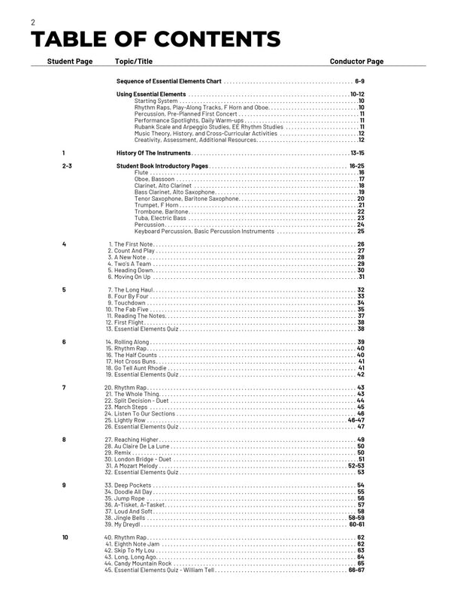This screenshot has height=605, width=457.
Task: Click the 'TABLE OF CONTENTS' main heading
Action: pos(156,39)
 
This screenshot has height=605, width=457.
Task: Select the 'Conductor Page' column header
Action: pos(356,61)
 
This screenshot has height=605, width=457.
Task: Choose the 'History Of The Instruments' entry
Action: pos(153,153)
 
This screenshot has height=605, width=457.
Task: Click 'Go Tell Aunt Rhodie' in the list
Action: pos(136,368)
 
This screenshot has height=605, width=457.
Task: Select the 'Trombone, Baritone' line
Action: pos(160,211)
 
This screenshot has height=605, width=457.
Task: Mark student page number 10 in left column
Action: pos(65,537)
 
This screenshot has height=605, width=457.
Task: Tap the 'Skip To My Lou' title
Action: pos(132,550)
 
